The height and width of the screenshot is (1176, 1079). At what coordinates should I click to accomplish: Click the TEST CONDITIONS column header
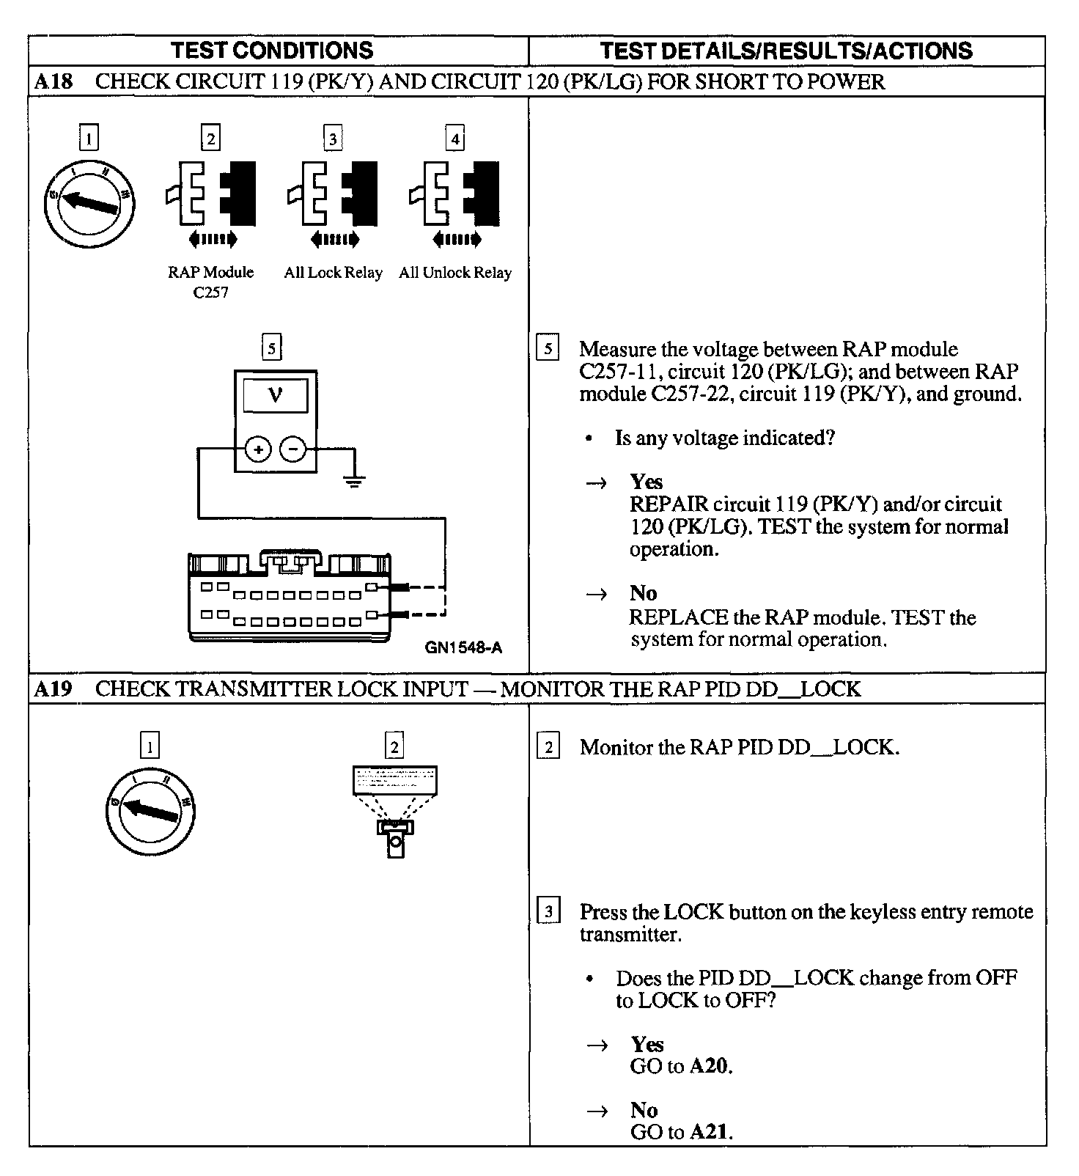click(272, 51)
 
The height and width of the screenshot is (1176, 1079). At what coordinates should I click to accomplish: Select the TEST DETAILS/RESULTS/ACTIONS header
click(786, 51)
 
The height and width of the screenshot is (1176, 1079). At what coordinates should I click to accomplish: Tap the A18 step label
click(54, 81)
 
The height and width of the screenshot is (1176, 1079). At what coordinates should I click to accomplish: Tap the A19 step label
click(54, 689)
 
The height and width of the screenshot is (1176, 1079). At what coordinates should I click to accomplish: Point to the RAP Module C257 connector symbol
click(211, 194)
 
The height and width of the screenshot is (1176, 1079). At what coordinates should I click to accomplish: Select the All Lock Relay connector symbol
click(334, 194)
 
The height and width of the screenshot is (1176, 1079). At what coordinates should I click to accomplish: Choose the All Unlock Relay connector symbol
click(455, 194)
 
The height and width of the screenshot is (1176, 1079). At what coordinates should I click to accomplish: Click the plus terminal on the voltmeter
click(258, 449)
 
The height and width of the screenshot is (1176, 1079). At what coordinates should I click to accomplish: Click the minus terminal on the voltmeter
click(293, 449)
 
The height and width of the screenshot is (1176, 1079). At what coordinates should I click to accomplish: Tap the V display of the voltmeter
click(276, 396)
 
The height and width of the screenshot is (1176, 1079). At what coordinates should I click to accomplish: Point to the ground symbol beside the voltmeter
click(354, 480)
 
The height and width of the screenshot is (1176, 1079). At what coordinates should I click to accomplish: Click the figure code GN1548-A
click(463, 647)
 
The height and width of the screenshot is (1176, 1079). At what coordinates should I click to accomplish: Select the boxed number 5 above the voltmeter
click(272, 348)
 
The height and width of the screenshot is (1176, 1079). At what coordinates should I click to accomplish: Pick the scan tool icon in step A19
click(395, 810)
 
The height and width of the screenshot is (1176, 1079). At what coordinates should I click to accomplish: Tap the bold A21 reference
click(710, 1131)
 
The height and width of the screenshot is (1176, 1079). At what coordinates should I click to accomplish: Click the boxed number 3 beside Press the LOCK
click(549, 912)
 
